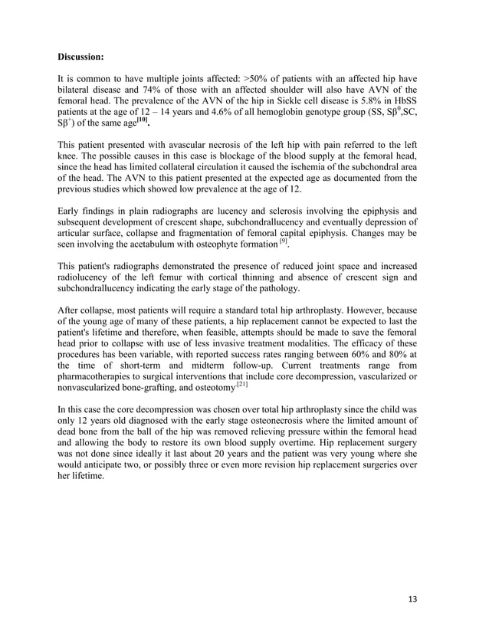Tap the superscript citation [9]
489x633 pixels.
coord(283,241)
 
